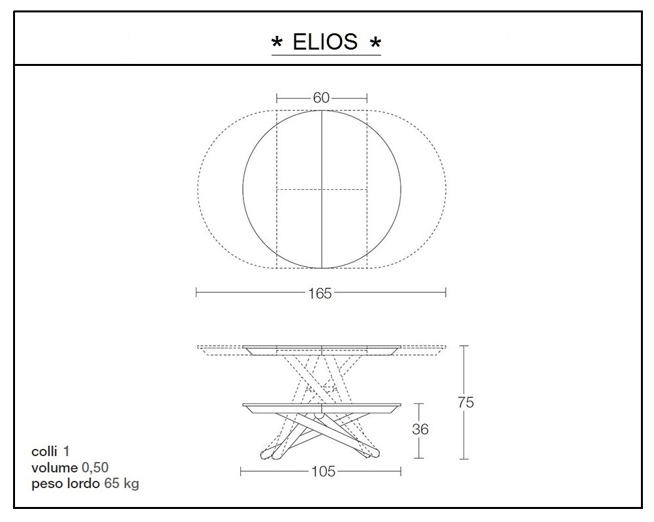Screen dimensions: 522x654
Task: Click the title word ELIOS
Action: click(325, 42)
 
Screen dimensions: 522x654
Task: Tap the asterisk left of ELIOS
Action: click(277, 44)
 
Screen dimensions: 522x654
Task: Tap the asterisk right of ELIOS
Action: click(375, 44)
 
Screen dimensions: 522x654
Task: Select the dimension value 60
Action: click(321, 98)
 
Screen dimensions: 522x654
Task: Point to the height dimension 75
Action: click(466, 403)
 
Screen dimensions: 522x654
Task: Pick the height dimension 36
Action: click(420, 429)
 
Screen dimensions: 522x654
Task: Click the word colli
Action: click(44, 452)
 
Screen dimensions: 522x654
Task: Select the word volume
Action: click(54, 468)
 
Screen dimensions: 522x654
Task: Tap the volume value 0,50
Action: click(95, 468)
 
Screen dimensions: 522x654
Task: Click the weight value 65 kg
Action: click(121, 484)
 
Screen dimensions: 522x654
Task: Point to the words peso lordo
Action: click(65, 484)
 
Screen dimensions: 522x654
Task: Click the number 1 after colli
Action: click(67, 452)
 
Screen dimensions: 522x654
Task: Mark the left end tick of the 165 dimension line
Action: click(196, 293)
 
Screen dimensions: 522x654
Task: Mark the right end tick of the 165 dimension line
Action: click(446, 293)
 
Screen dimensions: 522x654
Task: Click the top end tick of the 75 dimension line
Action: click(465, 346)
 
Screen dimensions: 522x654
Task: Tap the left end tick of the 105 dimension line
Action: click(241, 471)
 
